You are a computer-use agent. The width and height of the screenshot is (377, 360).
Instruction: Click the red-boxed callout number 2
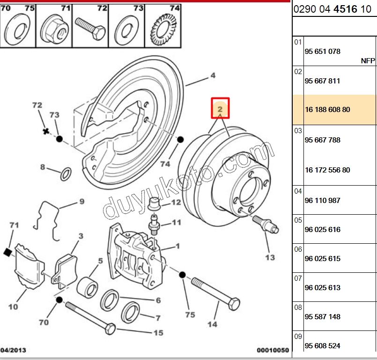[x=220, y=109]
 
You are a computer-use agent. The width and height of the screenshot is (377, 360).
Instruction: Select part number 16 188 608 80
[x=327, y=110]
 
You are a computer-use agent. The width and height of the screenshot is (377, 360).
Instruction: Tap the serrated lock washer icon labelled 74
[x=163, y=30]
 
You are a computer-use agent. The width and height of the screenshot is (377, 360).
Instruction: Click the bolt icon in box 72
[x=90, y=29]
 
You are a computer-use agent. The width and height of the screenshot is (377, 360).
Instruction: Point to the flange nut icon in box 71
[x=54, y=30]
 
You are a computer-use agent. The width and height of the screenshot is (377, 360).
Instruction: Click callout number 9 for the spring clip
[x=81, y=202]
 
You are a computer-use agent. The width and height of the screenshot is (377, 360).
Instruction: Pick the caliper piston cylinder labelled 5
[x=87, y=287]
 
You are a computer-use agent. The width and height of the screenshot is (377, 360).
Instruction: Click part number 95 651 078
[x=322, y=52]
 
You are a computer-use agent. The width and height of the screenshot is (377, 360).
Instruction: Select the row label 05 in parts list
[x=298, y=219]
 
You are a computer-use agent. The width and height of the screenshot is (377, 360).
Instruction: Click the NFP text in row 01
[x=368, y=61]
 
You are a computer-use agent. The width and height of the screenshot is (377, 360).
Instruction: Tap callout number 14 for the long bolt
[x=212, y=324]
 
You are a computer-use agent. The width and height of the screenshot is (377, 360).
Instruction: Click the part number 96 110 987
[x=322, y=201]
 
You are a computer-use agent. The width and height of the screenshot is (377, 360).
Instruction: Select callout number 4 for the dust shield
[x=212, y=75]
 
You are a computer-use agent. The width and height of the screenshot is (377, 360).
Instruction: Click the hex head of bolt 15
[x=111, y=329]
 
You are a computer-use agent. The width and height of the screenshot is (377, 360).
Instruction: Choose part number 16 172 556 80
[x=327, y=170]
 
